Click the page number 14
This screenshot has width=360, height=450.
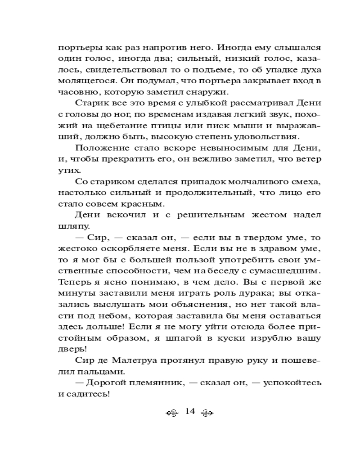point(189,411)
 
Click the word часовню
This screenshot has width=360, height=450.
point(75,93)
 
